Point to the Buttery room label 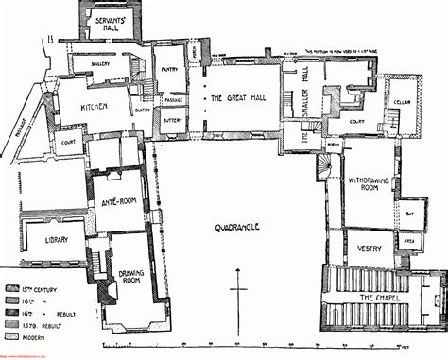tap(171, 121)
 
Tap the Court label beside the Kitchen tap(68, 143)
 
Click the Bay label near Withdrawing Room tap(408, 215)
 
